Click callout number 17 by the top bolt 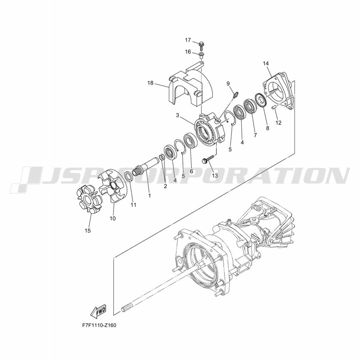point(188,40)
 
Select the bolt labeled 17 point(202,46)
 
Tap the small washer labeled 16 point(202,54)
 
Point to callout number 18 point(150,83)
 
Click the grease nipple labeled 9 point(235,95)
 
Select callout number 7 point(255,135)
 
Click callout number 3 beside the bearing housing point(177,115)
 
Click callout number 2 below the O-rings point(165,186)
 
